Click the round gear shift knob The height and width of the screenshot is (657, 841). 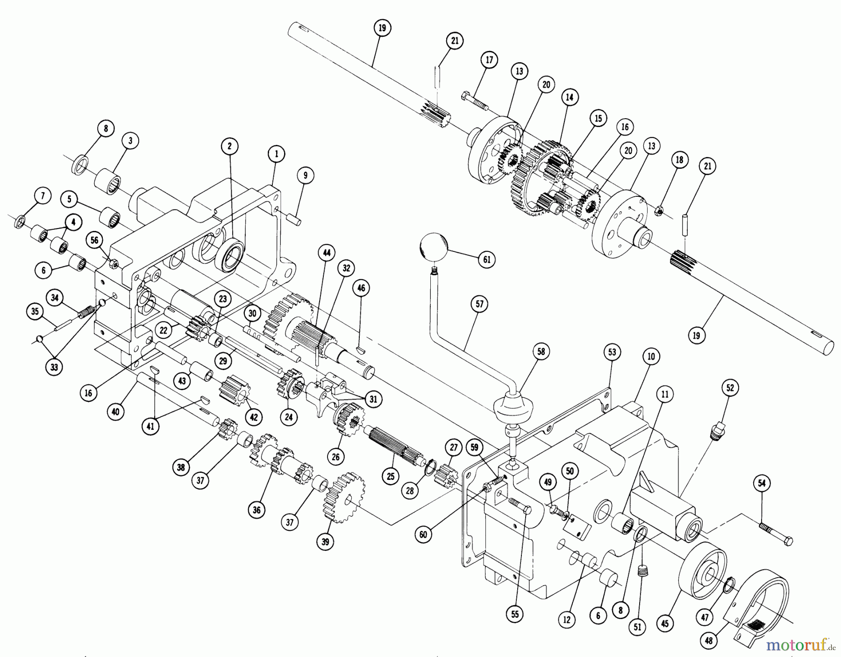[434, 248]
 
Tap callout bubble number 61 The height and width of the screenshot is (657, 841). [486, 259]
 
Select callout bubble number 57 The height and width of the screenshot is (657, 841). [480, 304]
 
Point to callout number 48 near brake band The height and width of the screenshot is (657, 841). [709, 640]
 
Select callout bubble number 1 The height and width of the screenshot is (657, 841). [276, 153]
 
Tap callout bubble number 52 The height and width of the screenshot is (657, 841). [730, 387]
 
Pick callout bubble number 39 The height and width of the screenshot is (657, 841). [325, 541]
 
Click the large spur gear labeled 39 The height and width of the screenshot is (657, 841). [344, 497]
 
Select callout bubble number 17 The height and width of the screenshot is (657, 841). [489, 60]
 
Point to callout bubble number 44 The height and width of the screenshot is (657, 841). [326, 253]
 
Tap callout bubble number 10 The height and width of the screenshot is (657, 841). [651, 357]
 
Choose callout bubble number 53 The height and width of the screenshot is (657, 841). [612, 353]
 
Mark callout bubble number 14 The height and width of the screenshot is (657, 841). [569, 97]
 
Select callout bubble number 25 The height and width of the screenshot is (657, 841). [390, 476]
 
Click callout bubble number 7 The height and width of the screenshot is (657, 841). [43, 196]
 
